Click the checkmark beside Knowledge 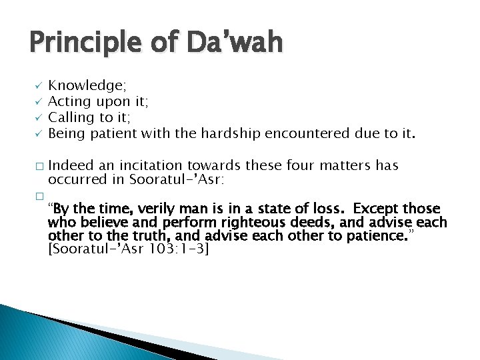point(39,85)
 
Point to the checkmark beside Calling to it point(39,118)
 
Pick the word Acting point(69,101)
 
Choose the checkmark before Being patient point(39,134)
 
